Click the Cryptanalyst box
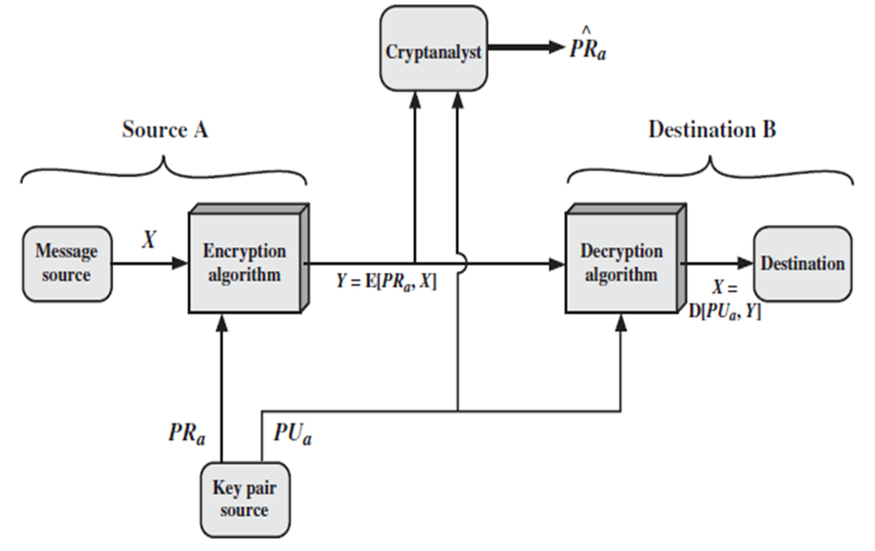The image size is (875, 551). pyautogui.click(x=433, y=50)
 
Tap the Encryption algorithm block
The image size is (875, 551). pyautogui.click(x=244, y=263)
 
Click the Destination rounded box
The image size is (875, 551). pyautogui.click(x=801, y=264)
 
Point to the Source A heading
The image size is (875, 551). pyautogui.click(x=165, y=130)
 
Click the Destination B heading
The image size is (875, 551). pyautogui.click(x=712, y=130)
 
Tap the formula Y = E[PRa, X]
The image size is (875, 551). pyautogui.click(x=387, y=283)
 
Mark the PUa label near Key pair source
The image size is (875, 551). pyautogui.click(x=292, y=432)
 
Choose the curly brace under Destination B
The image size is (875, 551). pyautogui.click(x=711, y=170)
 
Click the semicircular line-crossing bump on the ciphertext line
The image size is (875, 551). pyautogui.click(x=460, y=264)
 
